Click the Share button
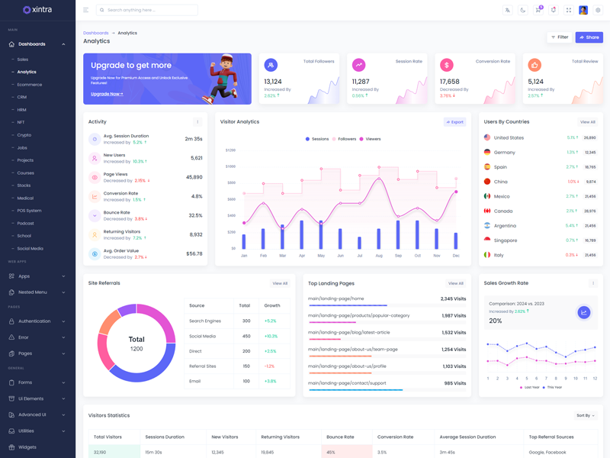tap(589, 37)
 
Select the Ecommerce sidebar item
tap(30, 85)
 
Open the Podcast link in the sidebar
tap(26, 223)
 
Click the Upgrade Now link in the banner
tap(107, 94)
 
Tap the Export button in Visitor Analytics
tap(454, 122)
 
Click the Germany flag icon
tap(487, 152)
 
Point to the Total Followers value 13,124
tap(273, 82)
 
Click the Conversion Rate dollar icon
tap(446, 66)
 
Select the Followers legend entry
tap(345, 139)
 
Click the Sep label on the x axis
tap(398, 256)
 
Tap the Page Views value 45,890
tap(194, 177)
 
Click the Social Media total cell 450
tap(246, 336)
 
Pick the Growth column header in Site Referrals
tap(272, 305)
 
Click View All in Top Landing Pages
tap(455, 283)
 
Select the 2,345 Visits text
tap(453, 298)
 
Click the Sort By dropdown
tap(586, 415)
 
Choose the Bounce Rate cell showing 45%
tap(331, 452)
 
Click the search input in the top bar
tap(149, 10)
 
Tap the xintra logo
tap(37, 10)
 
